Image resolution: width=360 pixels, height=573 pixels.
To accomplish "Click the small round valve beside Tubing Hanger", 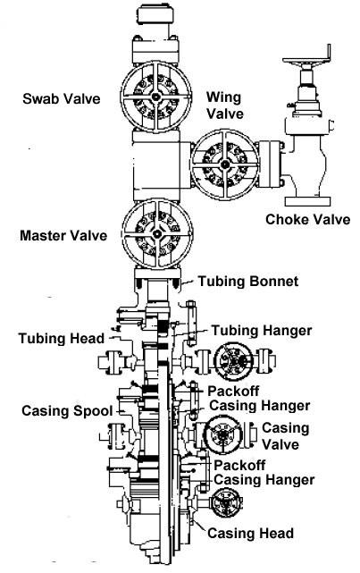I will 238,362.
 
